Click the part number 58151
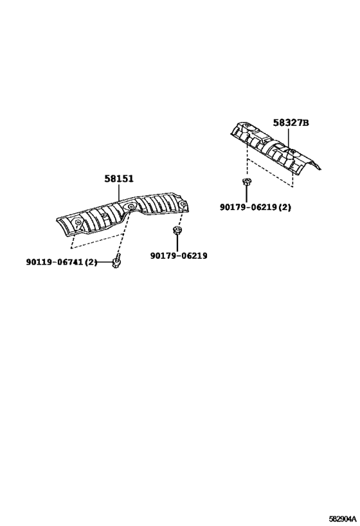[118, 179]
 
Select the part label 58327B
[291, 123]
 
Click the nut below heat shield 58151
[176, 231]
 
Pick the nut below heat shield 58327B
[246, 182]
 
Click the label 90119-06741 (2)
[62, 261]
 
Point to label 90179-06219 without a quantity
[179, 256]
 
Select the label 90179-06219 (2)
[256, 207]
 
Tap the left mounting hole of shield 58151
[78, 222]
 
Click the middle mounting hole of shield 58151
[130, 207]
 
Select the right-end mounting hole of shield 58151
[183, 204]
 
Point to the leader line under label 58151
[119, 193]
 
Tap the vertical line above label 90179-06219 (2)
[246, 194]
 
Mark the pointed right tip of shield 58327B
[321, 169]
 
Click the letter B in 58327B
[305, 123]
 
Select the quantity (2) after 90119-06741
[91, 262]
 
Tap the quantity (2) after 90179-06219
[285, 207]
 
